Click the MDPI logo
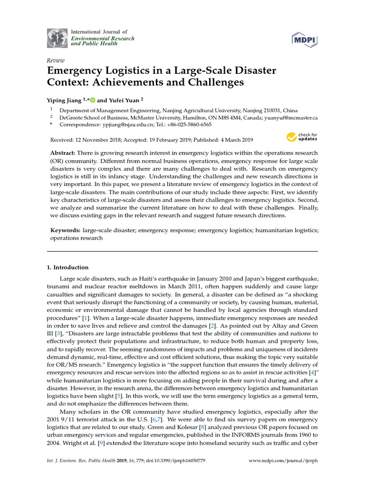click(x=304, y=39)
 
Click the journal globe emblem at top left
click(x=57, y=38)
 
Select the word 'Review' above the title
click(x=56, y=61)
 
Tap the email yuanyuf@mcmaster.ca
click(x=291, y=117)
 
